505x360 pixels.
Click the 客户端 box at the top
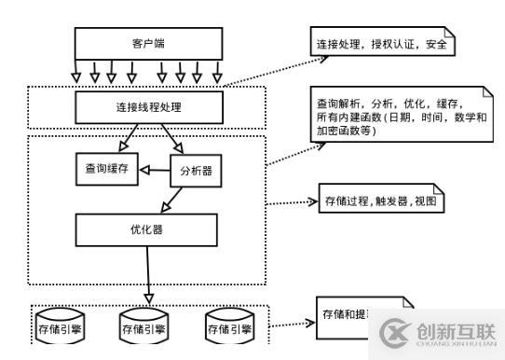(x=148, y=43)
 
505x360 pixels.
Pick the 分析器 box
(x=196, y=173)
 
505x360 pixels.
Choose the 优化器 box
(x=149, y=227)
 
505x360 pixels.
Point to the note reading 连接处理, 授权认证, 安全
(x=379, y=42)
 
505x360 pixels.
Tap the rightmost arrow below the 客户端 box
(x=218, y=72)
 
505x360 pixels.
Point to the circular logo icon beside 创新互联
(x=394, y=331)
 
